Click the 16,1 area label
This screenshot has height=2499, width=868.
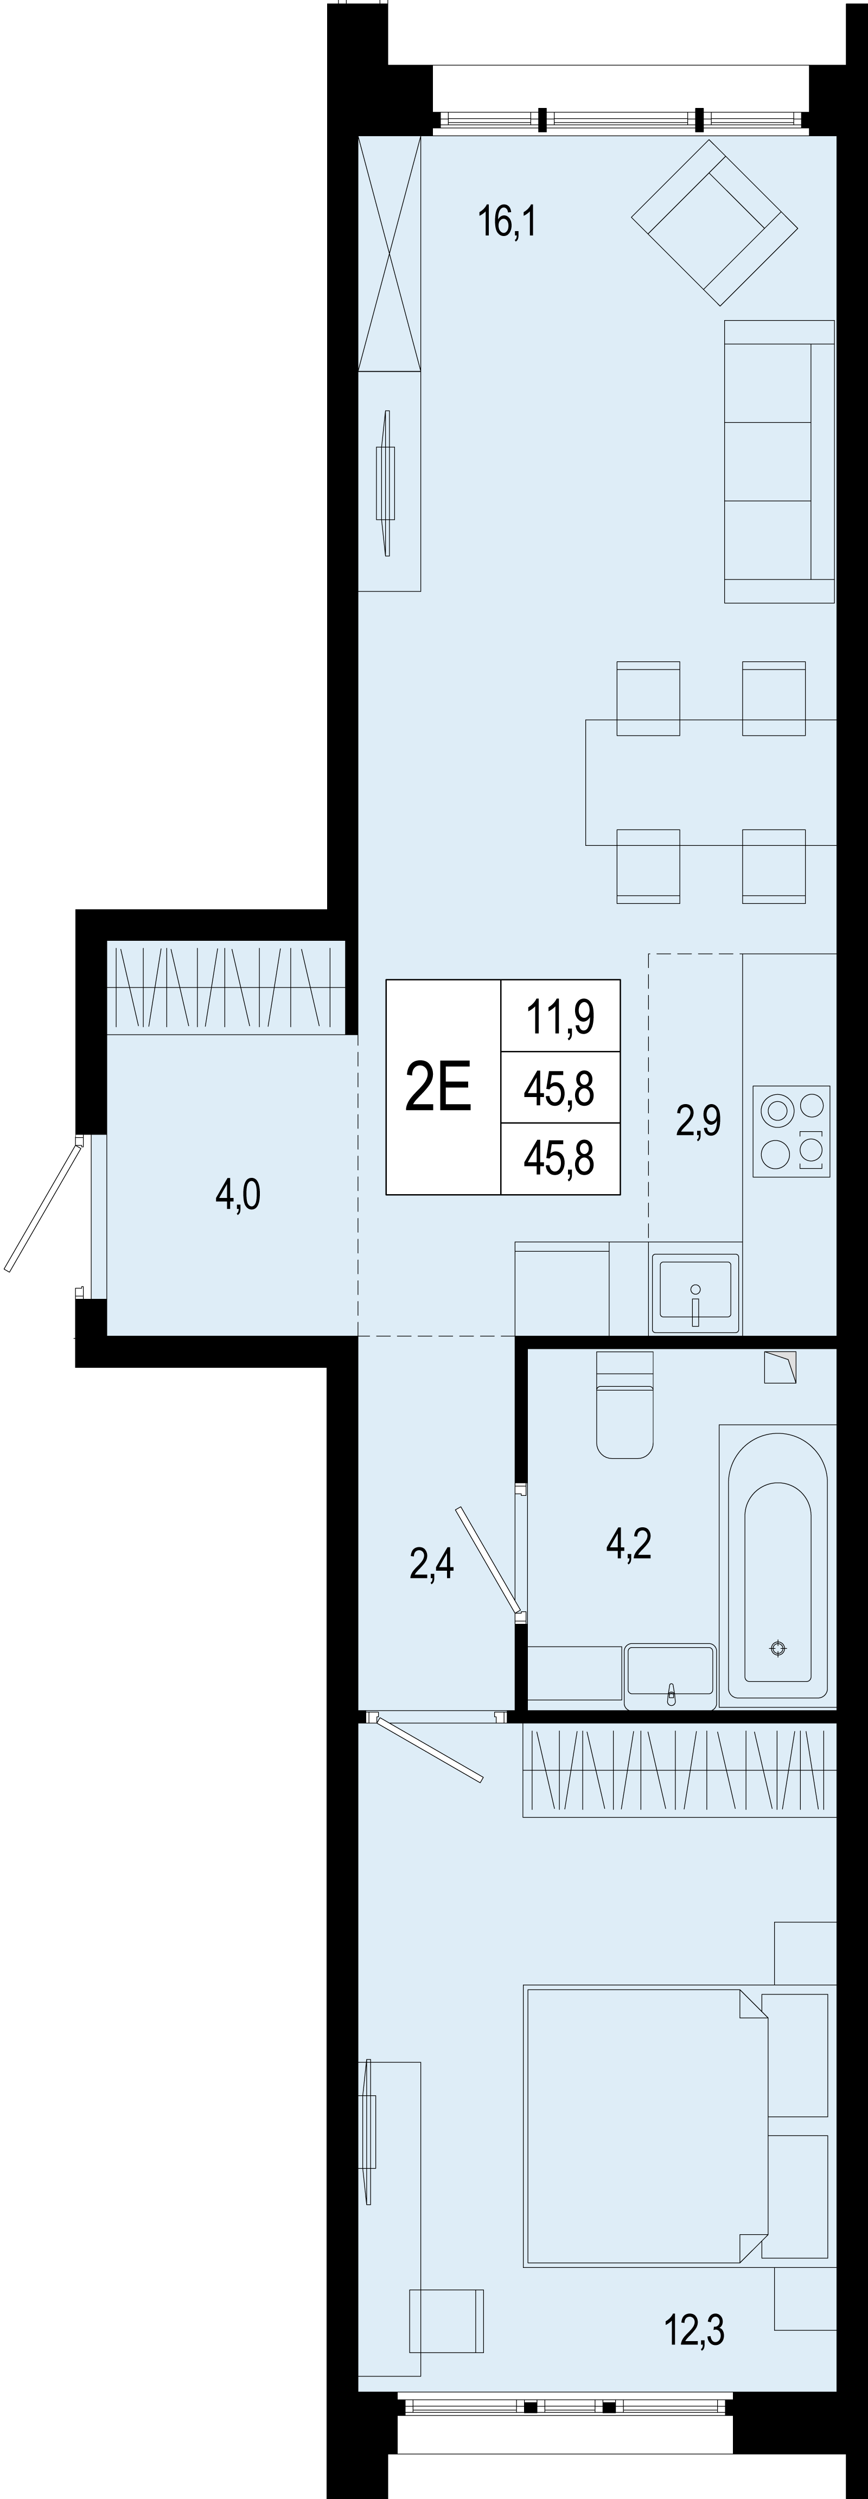pos(506,222)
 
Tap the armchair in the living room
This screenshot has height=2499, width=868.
pos(715,221)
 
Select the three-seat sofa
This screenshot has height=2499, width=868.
pos(779,462)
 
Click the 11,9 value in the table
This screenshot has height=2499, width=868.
pos(560,1018)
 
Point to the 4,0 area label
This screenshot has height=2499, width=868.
pos(238,1194)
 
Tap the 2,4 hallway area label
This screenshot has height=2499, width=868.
pos(432,1564)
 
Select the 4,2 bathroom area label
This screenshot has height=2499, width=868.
pos(628,1541)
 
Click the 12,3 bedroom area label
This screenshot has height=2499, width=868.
pos(694,2328)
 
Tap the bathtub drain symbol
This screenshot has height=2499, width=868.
pos(778,1648)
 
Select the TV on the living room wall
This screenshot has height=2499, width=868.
pos(387,482)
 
